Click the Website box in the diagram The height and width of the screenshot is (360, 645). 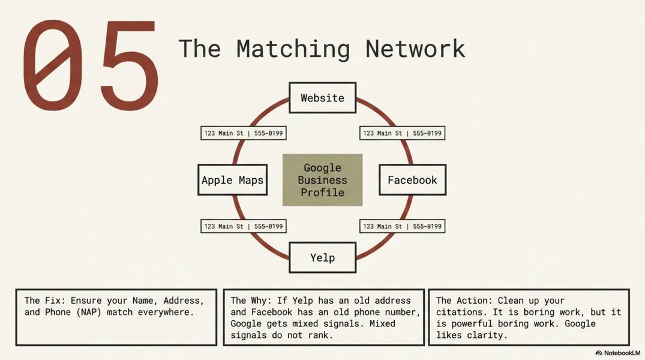click(x=322, y=98)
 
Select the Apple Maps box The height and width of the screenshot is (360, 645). click(x=232, y=180)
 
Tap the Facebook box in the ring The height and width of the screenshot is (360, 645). click(x=412, y=180)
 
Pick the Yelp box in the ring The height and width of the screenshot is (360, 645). click(x=322, y=257)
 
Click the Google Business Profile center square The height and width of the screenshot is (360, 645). click(x=322, y=180)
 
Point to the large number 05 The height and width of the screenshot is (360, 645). click(x=90, y=66)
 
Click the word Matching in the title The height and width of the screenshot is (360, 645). click(x=293, y=49)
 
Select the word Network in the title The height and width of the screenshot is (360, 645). click(x=415, y=49)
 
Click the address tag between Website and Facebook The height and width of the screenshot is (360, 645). click(x=402, y=133)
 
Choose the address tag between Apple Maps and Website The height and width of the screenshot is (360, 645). click(x=243, y=133)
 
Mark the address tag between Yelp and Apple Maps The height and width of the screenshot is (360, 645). click(x=243, y=226)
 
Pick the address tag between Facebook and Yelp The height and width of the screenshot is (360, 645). click(x=402, y=226)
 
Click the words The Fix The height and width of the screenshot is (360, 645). click(x=41, y=300)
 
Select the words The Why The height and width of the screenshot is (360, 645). click(x=247, y=300)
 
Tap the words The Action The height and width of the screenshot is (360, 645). click(x=460, y=300)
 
